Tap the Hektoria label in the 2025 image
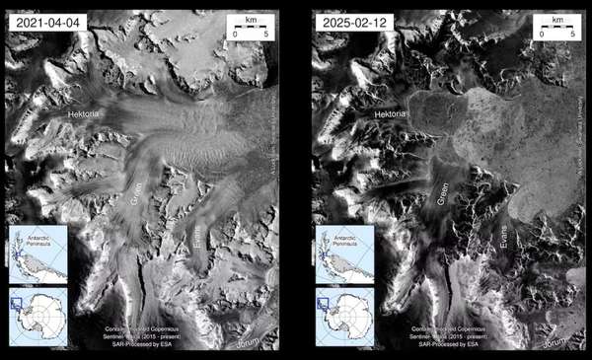point(394,115)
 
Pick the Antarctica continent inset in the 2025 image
point(345,316)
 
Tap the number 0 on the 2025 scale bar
point(542,35)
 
